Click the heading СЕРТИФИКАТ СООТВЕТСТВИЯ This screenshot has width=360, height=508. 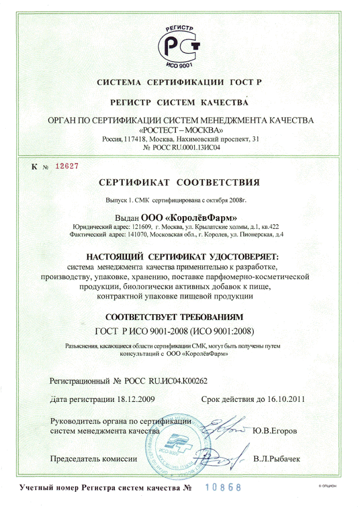179,183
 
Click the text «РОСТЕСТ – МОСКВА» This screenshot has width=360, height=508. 179,130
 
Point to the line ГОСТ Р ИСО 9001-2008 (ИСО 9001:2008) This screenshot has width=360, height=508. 174,331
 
